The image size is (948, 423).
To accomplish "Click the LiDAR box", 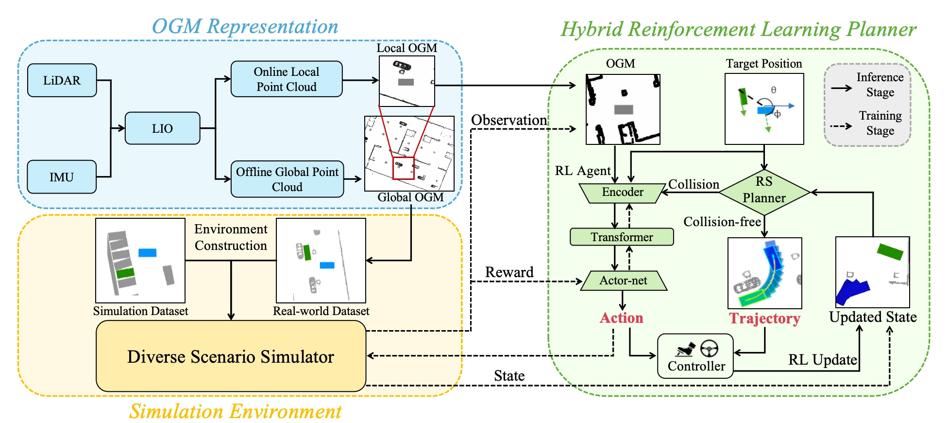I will coord(62,80).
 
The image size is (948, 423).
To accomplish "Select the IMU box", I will coord(61,177).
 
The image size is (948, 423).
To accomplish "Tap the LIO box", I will coord(162,128).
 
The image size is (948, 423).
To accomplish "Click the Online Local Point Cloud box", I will coord(286,79).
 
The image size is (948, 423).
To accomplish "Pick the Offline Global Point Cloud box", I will coord(287,179).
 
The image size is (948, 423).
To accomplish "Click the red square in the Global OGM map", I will coord(403,168).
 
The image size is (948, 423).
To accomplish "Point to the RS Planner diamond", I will coord(764,192).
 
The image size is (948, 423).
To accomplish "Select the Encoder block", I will coord(623,193).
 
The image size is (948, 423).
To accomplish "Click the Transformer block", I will coord(622,237).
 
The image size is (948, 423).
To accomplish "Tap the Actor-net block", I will coord(623,281).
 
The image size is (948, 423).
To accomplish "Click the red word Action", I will coord(621,318).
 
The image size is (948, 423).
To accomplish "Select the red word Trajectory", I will coord(764,318).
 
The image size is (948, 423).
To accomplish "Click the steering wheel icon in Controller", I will coord(709,348).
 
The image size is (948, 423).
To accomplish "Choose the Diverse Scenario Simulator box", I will coord(231,356).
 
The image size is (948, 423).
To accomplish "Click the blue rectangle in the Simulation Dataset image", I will coord(147,252).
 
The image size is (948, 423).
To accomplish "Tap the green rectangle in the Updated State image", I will coord(890,251).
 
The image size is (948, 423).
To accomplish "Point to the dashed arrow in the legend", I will coord(841,126).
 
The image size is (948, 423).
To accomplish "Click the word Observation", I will coord(509,120).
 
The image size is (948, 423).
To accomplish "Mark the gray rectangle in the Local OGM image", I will coord(406,82).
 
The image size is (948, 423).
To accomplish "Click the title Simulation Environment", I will coord(235,411).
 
